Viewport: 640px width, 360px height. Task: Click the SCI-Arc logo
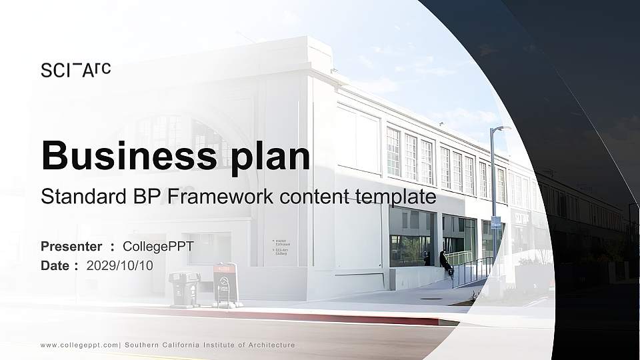click(75, 69)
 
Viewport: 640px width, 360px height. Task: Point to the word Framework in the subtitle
click(219, 197)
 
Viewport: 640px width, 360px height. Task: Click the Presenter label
click(71, 247)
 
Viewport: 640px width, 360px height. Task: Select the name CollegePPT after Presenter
click(158, 247)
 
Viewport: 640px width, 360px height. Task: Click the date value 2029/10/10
click(120, 265)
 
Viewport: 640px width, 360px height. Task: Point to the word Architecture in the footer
click(270, 345)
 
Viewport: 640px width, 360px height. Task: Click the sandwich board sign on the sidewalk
click(225, 285)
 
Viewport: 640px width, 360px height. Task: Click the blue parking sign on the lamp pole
click(496, 223)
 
